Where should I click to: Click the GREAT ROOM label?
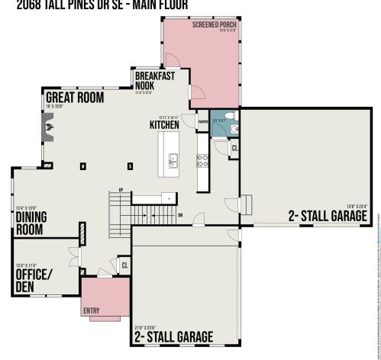pos(75,98)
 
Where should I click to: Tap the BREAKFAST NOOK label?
pos(155,80)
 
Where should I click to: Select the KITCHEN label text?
pos(164,124)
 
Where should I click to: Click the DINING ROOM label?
pos(31,221)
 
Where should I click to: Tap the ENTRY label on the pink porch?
pos(92,311)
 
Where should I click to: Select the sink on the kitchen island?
pos(173,159)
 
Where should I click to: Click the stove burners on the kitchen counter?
pos(203,160)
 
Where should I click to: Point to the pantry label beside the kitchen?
pos(203,121)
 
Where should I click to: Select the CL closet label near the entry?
pos(124,265)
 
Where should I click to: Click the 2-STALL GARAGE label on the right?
pos(328,216)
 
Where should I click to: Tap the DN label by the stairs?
pos(180,215)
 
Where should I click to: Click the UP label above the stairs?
pos(121,190)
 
